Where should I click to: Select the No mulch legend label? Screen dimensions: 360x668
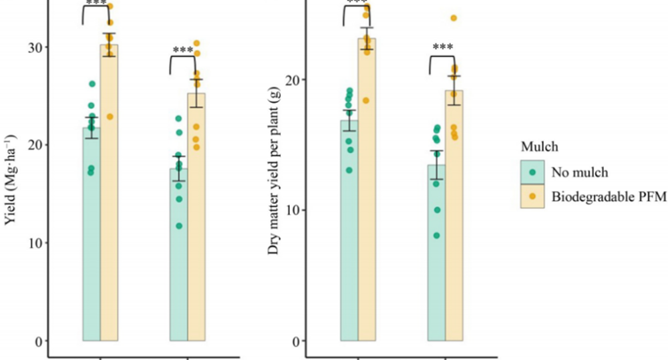(x=579, y=172)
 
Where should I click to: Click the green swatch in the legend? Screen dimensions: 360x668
(x=532, y=172)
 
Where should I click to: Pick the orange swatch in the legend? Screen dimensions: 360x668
(x=532, y=196)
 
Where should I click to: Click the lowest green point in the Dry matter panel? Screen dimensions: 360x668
(x=437, y=235)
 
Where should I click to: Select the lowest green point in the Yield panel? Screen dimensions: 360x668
(x=179, y=226)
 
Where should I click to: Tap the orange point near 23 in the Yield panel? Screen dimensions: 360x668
(x=110, y=116)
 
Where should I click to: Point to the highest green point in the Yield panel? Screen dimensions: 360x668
(x=92, y=84)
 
